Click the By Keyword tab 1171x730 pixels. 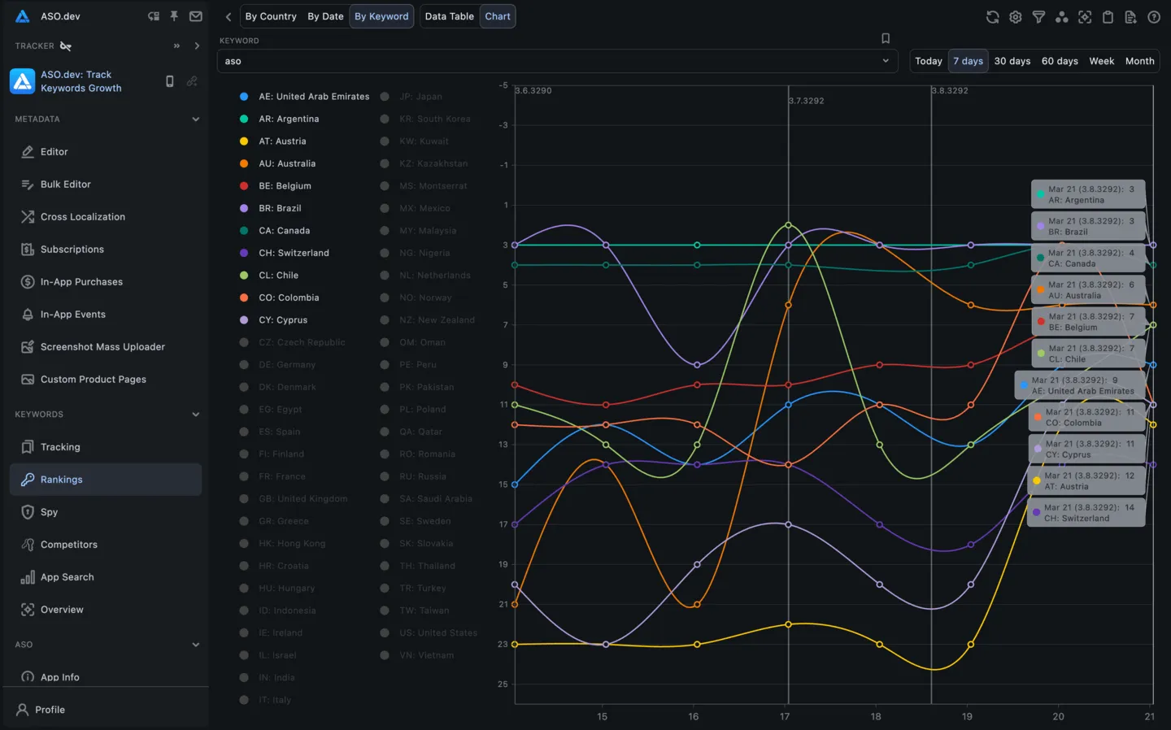[x=381, y=16]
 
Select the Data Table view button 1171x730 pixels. [x=449, y=16]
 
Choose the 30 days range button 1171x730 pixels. [x=1012, y=61]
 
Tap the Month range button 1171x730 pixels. [x=1139, y=61]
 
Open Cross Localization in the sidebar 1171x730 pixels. [x=82, y=217]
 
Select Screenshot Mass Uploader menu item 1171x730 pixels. [x=102, y=347]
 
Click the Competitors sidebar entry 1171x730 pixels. [x=68, y=545]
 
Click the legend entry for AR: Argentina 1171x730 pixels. [x=288, y=119]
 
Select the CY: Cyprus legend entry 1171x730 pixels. [x=282, y=320]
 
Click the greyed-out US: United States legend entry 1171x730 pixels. [x=437, y=633]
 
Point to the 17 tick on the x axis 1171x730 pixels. [x=785, y=716]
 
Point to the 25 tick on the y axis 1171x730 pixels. [x=503, y=684]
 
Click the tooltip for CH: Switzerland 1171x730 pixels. [x=1088, y=513]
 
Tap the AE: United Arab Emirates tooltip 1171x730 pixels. [x=1080, y=385]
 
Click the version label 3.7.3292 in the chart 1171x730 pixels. [x=807, y=101]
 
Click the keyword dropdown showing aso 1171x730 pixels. [x=557, y=61]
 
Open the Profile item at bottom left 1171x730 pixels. [x=50, y=710]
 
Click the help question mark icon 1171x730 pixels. [x=1153, y=17]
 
